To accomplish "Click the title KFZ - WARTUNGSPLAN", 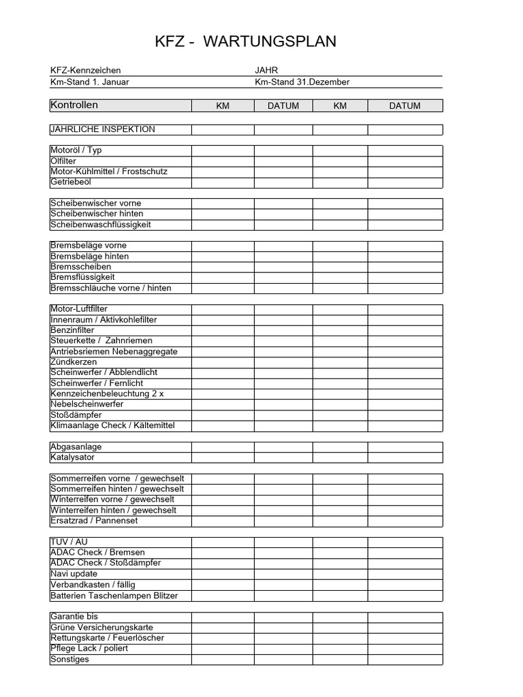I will point(246,42).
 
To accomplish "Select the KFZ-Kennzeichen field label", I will point(86,70).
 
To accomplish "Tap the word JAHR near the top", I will point(266,70).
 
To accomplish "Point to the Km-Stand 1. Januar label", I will point(89,82).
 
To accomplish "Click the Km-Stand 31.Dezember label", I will point(302,82).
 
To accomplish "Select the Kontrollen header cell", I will point(74,105).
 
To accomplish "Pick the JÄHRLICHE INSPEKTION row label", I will point(103,129).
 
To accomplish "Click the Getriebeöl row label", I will point(71,182).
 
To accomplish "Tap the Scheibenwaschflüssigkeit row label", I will point(101,225).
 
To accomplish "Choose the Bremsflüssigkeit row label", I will point(82,277).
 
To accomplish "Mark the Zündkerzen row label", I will point(74,362).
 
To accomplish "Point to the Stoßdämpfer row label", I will point(77,415).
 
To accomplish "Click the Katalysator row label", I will point(73,457).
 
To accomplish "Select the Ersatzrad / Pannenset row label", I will point(94,521).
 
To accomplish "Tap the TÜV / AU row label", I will point(69,542).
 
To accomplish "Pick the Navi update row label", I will point(74,574).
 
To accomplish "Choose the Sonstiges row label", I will point(70,659).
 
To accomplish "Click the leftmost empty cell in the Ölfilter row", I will point(223,161).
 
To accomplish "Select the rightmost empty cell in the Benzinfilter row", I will point(405,330).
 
